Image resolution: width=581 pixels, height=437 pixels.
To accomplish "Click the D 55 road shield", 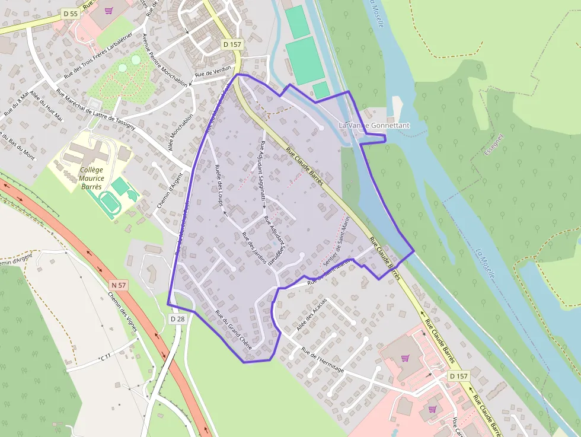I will coord(69,13).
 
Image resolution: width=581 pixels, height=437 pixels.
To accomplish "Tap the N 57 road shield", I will coord(119,285).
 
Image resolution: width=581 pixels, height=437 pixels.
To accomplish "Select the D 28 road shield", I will coord(177,319).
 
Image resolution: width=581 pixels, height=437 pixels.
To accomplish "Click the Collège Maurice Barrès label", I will coord(92,178).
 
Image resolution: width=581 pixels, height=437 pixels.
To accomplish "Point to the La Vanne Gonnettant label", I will coord(373,126).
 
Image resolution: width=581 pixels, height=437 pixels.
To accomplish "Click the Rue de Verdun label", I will coord(212,74).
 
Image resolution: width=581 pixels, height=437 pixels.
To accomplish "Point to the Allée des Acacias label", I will coord(311,314).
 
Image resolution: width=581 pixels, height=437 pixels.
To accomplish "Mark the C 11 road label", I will coord(106,357).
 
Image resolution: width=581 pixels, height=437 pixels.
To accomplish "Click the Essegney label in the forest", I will coord(493,144).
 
